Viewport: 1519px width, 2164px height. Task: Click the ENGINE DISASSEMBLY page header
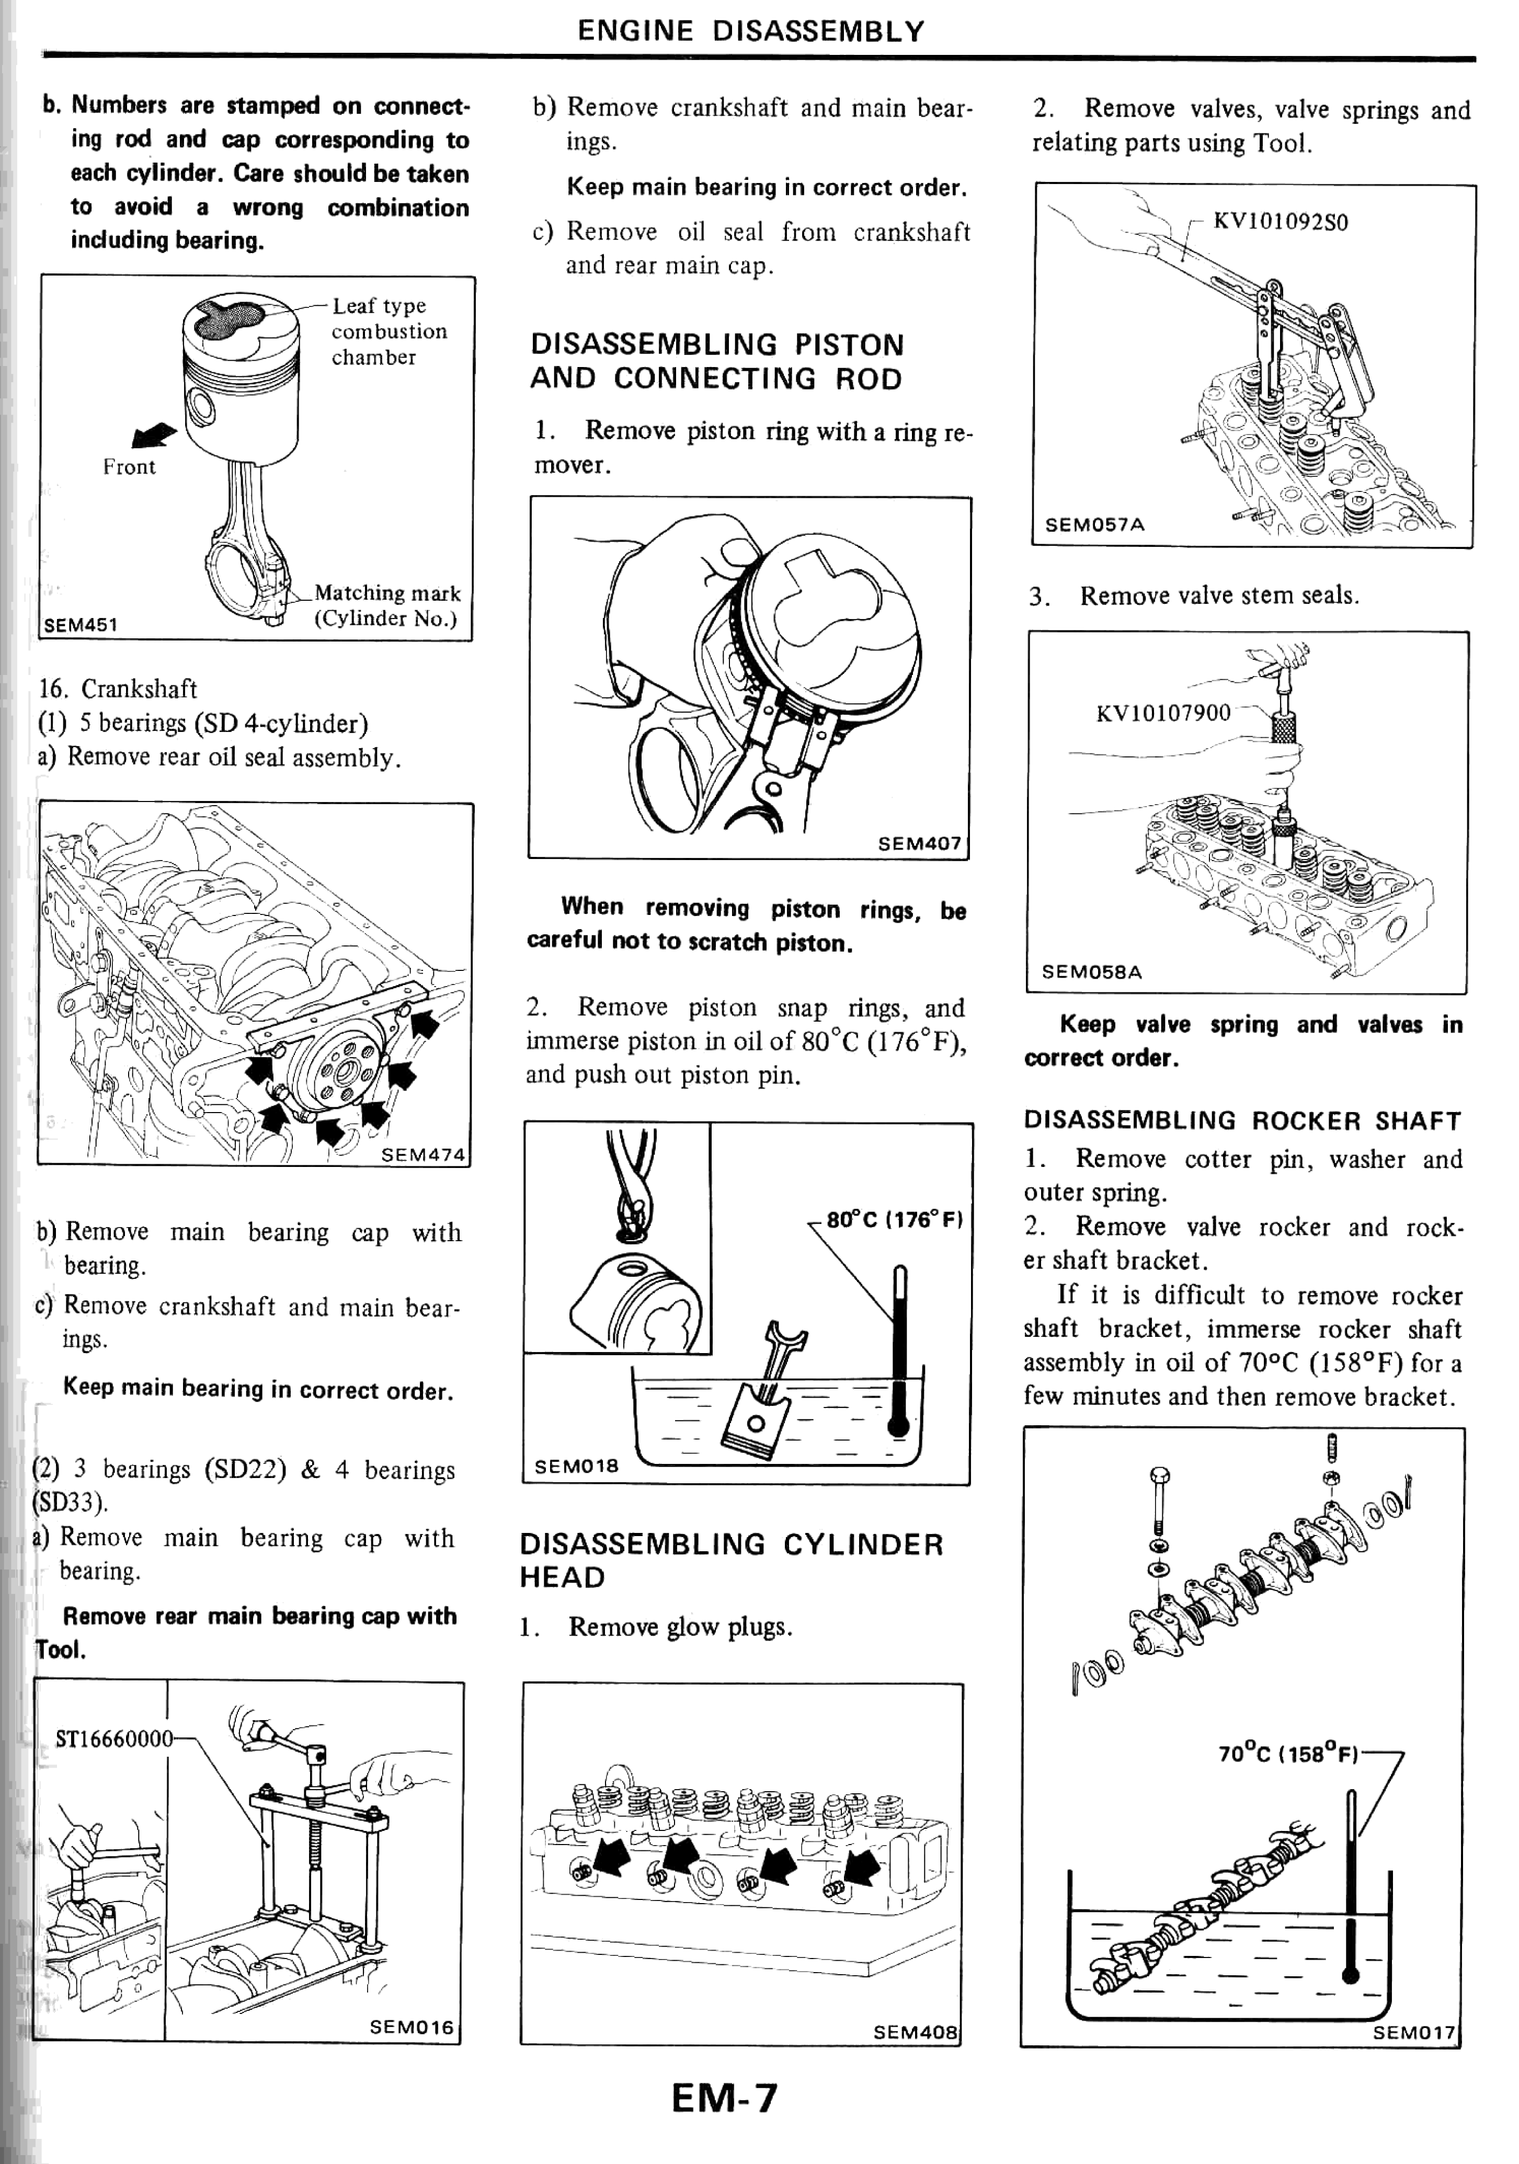pos(750,31)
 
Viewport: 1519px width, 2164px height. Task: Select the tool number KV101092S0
pos(1281,222)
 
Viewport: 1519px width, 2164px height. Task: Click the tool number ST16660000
pos(114,1738)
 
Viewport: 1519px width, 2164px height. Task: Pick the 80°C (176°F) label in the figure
pos(894,1220)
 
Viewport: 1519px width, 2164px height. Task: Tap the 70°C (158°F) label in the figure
pos(1288,1754)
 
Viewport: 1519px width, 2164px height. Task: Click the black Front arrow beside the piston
pos(154,436)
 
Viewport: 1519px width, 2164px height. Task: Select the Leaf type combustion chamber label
pos(389,331)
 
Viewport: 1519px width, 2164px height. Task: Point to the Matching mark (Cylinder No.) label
pos(386,605)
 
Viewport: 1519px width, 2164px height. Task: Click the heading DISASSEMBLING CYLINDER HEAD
pos(731,1560)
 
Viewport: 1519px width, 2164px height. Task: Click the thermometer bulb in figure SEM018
pos(898,1425)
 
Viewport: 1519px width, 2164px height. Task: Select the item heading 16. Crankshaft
pos(118,689)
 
